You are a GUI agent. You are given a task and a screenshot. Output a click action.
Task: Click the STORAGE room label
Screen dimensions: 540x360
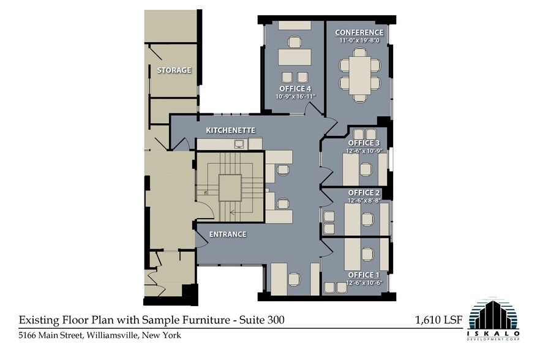click(174, 70)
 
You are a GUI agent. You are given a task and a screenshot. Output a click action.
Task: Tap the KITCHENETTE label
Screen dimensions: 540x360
click(230, 130)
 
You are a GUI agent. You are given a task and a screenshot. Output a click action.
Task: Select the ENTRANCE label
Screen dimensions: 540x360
click(228, 234)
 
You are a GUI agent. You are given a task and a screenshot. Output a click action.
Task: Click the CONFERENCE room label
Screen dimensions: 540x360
click(359, 32)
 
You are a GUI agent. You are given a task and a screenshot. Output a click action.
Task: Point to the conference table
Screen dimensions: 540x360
click(360, 75)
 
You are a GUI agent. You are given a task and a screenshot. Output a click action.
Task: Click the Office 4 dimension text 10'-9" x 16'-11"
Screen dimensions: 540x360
click(296, 97)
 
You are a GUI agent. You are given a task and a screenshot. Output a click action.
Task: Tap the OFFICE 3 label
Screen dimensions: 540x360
click(364, 143)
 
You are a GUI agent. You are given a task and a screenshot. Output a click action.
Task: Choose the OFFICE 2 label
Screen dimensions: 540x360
click(364, 193)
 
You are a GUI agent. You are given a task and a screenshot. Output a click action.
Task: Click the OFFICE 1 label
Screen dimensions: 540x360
click(364, 275)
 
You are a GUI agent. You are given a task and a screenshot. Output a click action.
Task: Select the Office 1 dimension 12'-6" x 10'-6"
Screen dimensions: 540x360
click(364, 283)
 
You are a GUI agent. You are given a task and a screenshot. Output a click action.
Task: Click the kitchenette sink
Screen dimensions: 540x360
click(239, 144)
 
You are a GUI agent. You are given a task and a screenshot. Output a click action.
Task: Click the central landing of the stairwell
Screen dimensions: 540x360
click(230, 188)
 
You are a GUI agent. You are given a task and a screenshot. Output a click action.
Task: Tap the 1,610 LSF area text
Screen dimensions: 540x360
click(439, 320)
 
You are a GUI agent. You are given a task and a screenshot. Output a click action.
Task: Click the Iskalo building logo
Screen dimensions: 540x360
click(493, 318)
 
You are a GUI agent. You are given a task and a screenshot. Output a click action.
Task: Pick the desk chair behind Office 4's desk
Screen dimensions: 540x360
click(294, 42)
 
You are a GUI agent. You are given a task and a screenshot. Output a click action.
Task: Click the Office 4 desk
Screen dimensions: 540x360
click(294, 57)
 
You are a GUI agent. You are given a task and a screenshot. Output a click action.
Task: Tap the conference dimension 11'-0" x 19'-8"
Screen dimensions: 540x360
click(359, 40)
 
